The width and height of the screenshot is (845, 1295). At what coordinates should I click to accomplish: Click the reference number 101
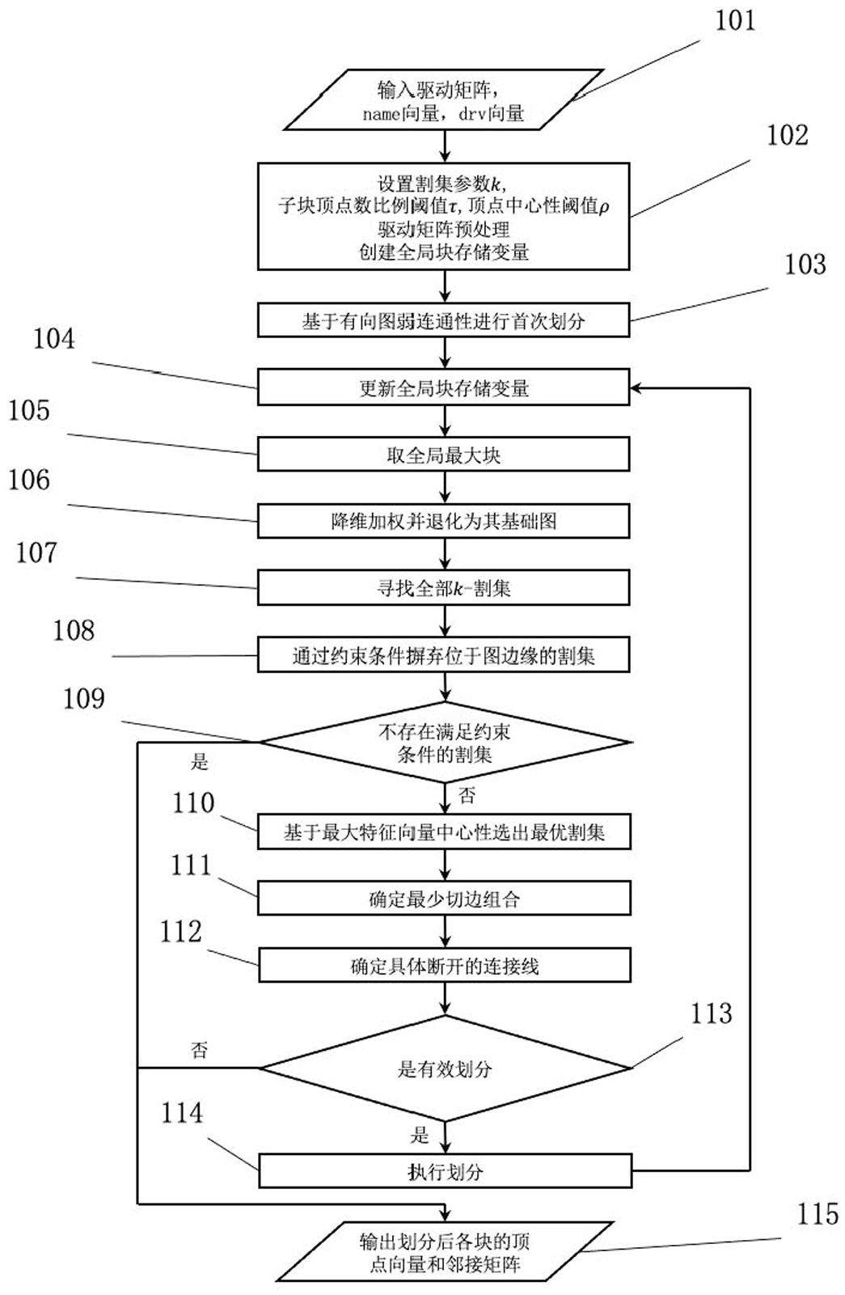734,21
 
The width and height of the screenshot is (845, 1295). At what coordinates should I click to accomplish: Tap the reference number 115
817,1215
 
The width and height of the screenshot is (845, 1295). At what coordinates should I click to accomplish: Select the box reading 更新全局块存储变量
443,388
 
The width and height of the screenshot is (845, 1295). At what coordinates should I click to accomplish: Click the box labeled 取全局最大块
443,455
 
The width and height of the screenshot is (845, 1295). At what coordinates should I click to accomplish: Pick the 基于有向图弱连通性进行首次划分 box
443,321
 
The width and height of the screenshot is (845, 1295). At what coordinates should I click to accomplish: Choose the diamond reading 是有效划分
444,1069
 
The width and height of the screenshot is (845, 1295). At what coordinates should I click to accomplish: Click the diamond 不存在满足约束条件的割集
444,743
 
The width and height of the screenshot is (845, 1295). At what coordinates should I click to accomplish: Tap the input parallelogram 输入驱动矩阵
443,100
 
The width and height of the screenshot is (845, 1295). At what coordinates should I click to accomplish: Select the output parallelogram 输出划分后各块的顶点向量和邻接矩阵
444,1252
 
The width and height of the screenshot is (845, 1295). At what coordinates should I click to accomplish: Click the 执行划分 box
445,1171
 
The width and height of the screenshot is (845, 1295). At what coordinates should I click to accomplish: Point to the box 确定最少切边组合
444,899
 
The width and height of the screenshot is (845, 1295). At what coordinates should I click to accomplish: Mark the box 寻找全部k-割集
443,588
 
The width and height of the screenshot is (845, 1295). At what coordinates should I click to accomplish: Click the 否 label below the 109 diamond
467,796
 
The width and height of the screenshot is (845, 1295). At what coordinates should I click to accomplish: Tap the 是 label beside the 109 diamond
199,762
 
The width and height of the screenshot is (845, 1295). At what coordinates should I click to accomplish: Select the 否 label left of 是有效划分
199,1050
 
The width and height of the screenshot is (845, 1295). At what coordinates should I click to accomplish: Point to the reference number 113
711,1014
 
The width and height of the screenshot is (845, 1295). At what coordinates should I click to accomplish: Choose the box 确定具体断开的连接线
444,966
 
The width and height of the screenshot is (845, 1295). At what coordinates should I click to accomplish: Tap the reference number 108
74,631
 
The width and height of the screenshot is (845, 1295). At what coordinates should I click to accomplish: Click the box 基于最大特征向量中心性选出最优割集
444,832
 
